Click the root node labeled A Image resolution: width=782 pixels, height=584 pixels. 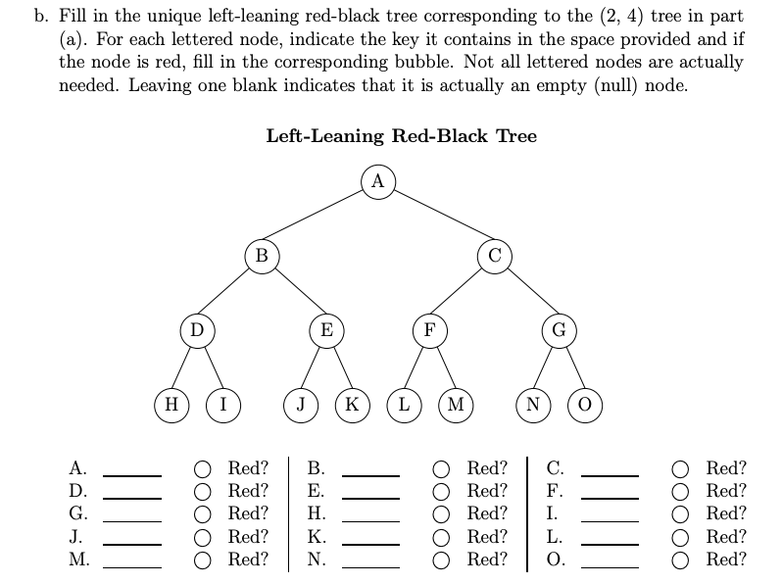(x=377, y=180)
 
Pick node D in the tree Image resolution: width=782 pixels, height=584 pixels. (x=197, y=329)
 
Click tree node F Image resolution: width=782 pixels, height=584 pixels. (x=428, y=329)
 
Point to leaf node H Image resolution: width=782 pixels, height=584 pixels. (x=172, y=403)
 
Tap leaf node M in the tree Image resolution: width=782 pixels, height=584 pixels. (x=455, y=403)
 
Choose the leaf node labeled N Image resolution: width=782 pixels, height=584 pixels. (x=533, y=403)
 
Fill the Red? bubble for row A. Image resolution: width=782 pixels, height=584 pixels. (x=202, y=468)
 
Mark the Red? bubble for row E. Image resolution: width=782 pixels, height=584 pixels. (x=443, y=491)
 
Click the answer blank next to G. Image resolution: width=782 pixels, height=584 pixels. (x=132, y=513)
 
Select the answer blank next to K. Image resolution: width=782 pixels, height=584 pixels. (x=370, y=537)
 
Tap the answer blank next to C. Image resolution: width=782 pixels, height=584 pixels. (x=611, y=468)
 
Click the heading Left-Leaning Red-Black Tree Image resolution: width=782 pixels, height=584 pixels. (x=402, y=136)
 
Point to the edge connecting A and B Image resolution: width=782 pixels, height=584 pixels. (x=318, y=218)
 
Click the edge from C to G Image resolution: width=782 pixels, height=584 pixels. (x=526, y=291)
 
